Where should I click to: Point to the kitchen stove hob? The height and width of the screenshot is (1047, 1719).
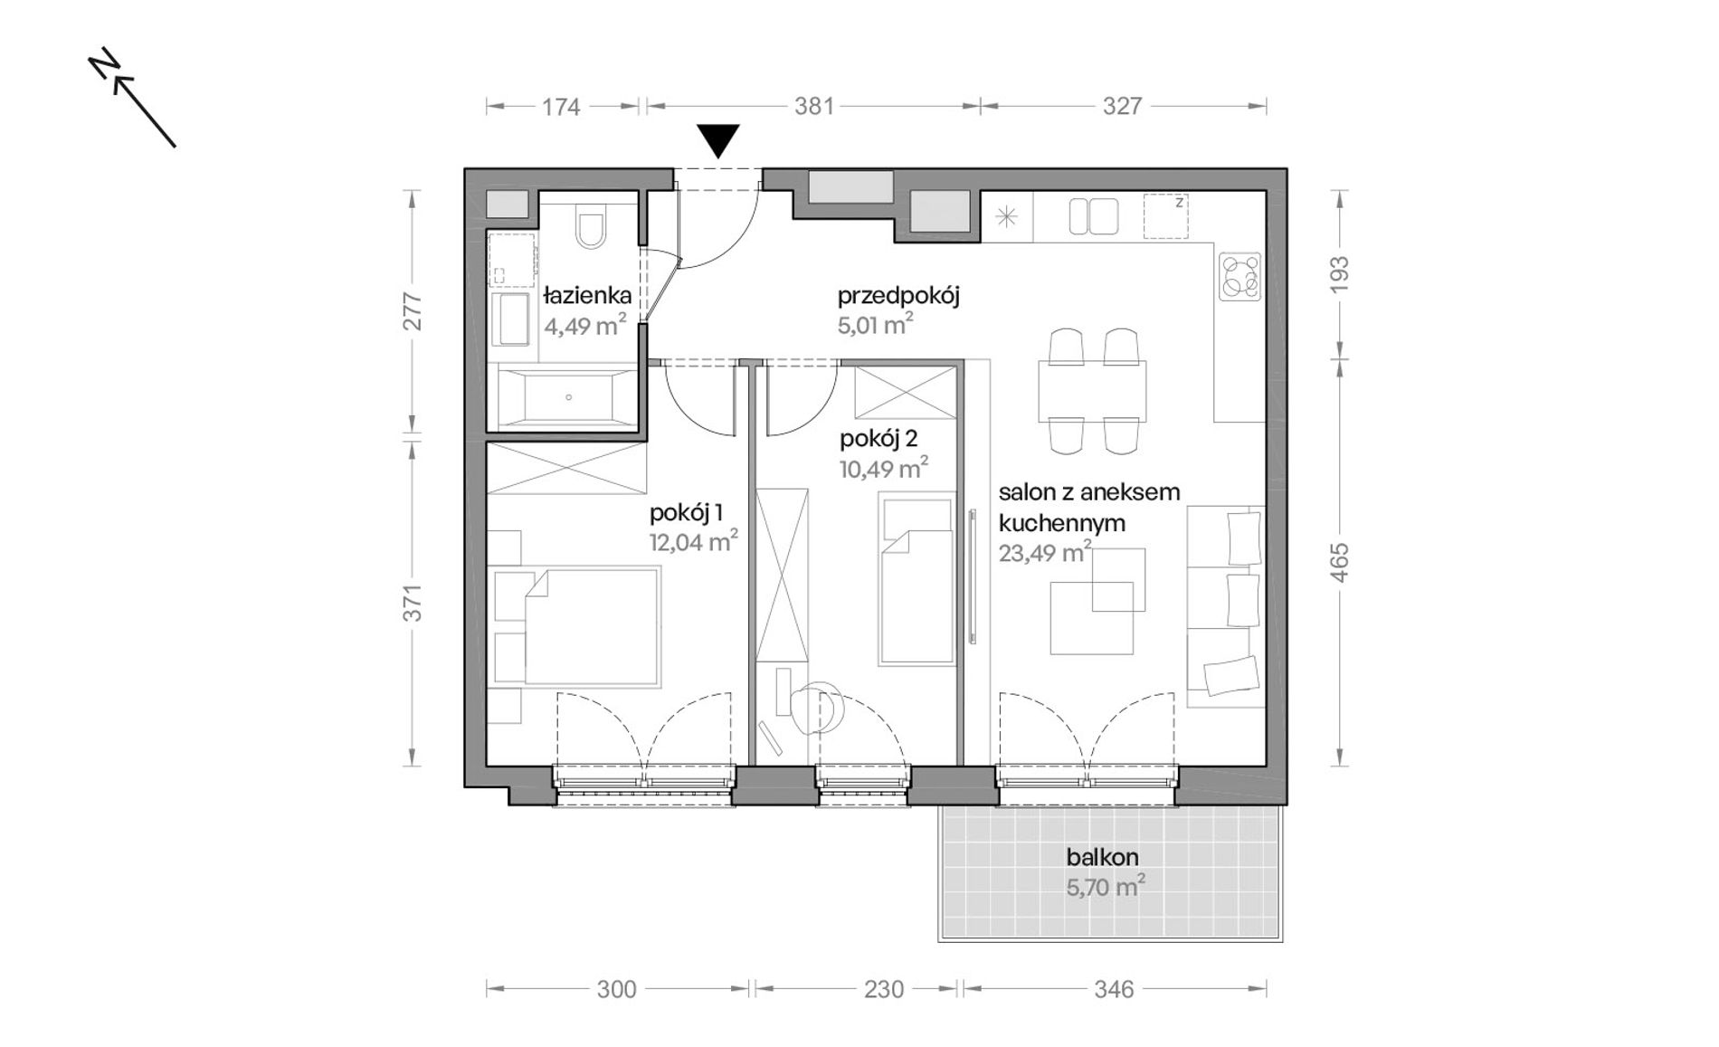click(x=1239, y=276)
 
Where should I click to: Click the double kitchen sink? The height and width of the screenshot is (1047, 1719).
click(x=1093, y=217)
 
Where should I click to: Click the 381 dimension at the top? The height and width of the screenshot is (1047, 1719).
click(x=813, y=106)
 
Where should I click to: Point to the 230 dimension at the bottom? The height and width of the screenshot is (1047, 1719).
click(x=883, y=989)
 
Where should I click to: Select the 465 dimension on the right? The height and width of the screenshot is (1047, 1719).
click(x=1340, y=561)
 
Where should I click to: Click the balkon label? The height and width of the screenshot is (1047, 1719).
click(x=1102, y=857)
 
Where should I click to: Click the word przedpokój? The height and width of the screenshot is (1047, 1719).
click(x=897, y=296)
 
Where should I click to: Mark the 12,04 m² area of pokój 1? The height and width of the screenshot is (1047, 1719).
click(x=693, y=541)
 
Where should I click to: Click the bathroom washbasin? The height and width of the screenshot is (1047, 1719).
click(x=511, y=319)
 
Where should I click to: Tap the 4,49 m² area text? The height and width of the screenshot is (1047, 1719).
click(x=584, y=325)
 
